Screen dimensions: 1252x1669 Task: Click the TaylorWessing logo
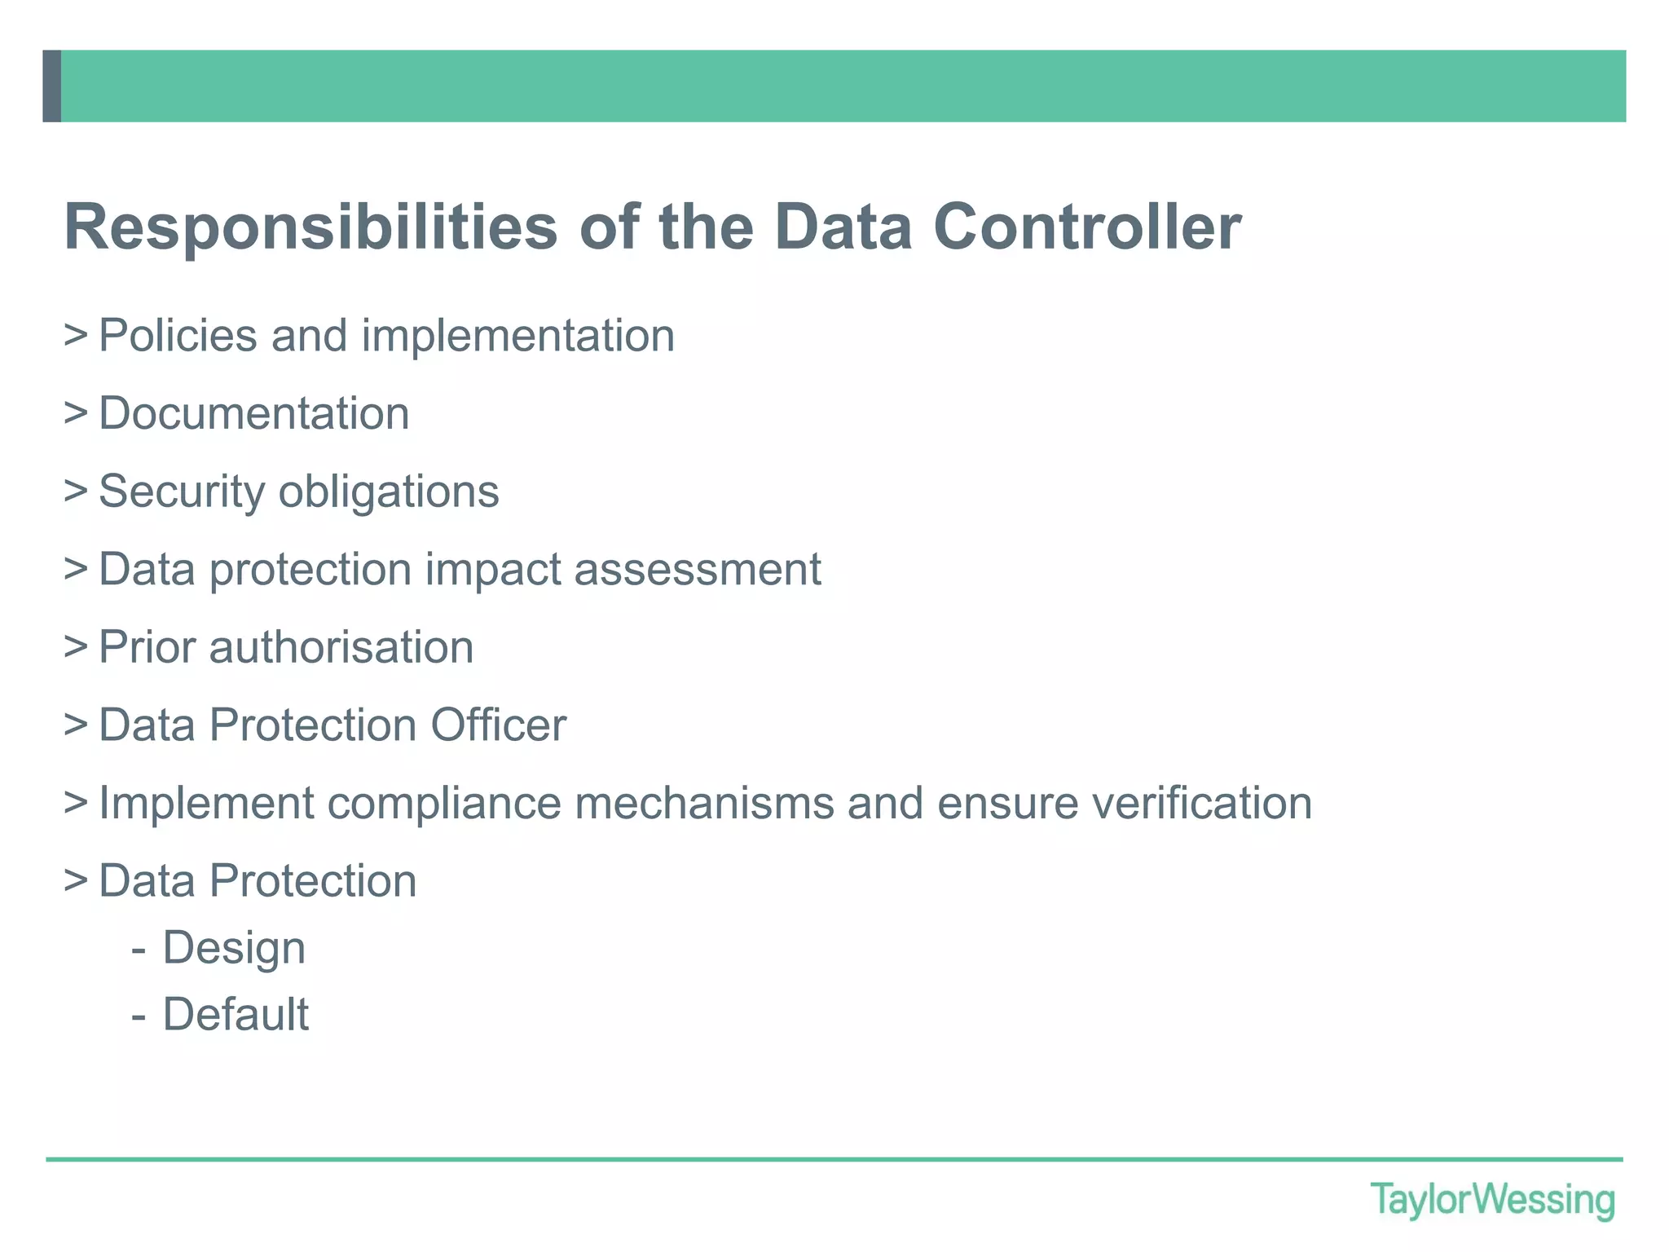click(x=1492, y=1201)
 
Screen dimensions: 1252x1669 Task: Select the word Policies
click(x=178, y=335)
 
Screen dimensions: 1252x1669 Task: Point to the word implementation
click(x=517, y=336)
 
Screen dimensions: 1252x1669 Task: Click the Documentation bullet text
click(x=253, y=413)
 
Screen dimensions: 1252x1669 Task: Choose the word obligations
click(x=389, y=492)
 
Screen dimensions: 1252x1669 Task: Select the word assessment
click(x=698, y=569)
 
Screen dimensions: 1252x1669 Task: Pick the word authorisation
click(x=341, y=647)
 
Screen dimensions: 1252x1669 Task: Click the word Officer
click(x=498, y=725)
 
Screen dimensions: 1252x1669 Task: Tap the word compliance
click(x=444, y=804)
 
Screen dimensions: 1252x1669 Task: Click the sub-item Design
click(x=234, y=948)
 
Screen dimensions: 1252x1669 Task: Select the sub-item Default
click(x=236, y=1014)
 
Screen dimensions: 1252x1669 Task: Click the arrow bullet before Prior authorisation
click(x=75, y=647)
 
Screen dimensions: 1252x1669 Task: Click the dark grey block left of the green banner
click(x=51, y=86)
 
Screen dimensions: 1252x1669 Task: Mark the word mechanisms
click(x=704, y=803)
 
